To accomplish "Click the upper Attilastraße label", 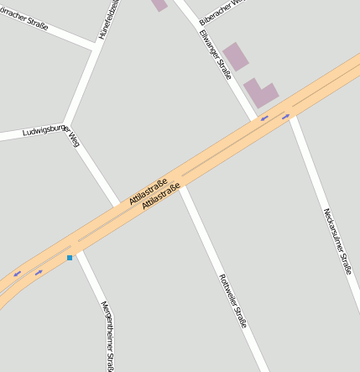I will click(x=149, y=191).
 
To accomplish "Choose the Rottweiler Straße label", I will click(x=232, y=301).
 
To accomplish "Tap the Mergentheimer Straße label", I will click(x=107, y=334).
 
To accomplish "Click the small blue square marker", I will click(x=70, y=258).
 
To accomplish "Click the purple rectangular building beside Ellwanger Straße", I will click(x=236, y=56).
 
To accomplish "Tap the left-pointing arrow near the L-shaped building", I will click(x=264, y=118).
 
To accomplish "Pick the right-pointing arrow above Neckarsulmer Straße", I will click(x=285, y=116).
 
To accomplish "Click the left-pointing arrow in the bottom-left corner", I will click(x=17, y=273).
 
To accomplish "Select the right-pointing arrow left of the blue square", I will click(x=39, y=271).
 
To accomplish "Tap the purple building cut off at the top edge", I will click(x=159, y=4).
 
